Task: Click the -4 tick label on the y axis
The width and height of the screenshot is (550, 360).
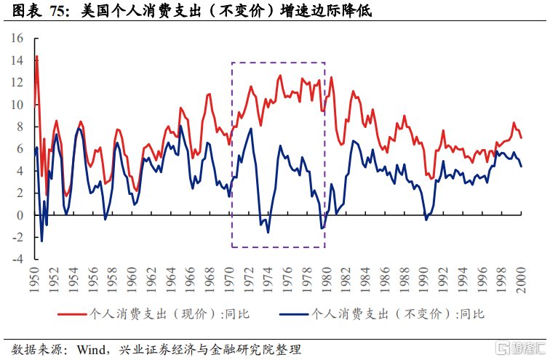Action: (18, 259)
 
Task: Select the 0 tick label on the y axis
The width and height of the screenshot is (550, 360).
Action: (21, 215)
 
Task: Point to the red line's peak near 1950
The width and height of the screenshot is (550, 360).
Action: (36, 56)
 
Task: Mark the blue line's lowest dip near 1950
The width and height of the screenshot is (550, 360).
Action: (41, 241)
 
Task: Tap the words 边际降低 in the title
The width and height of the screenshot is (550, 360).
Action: (335, 11)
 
